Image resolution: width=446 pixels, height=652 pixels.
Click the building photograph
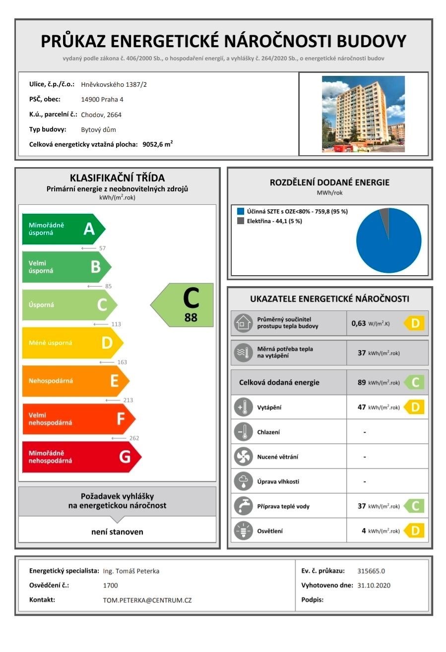pos(363,114)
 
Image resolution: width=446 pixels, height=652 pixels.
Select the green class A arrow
pos(64,229)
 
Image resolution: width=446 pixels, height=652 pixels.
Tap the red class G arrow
pos(81,457)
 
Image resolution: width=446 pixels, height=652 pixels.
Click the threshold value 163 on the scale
pos(122,362)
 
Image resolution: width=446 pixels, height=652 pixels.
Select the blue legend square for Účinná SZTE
pos(241,211)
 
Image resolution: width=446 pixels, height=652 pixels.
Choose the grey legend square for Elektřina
pos(241,221)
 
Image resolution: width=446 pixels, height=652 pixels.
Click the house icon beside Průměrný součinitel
pos(243,323)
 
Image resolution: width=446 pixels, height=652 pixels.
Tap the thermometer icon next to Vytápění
pos(243,408)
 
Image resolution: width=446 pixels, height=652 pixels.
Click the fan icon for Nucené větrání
pos(243,457)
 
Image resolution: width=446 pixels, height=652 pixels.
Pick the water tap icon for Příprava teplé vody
pos(243,506)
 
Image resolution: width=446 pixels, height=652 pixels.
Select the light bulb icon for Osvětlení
pos(243,531)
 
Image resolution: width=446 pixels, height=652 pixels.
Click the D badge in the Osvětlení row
pos(414,531)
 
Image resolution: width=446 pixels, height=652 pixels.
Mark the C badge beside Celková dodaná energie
pos(414,382)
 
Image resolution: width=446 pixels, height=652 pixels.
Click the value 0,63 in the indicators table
pos(358,323)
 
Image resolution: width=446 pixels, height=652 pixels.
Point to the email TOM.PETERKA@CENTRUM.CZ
pos(147,600)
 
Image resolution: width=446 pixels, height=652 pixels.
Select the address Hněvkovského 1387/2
pos(114,84)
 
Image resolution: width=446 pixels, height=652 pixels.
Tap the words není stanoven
pos(117,532)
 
